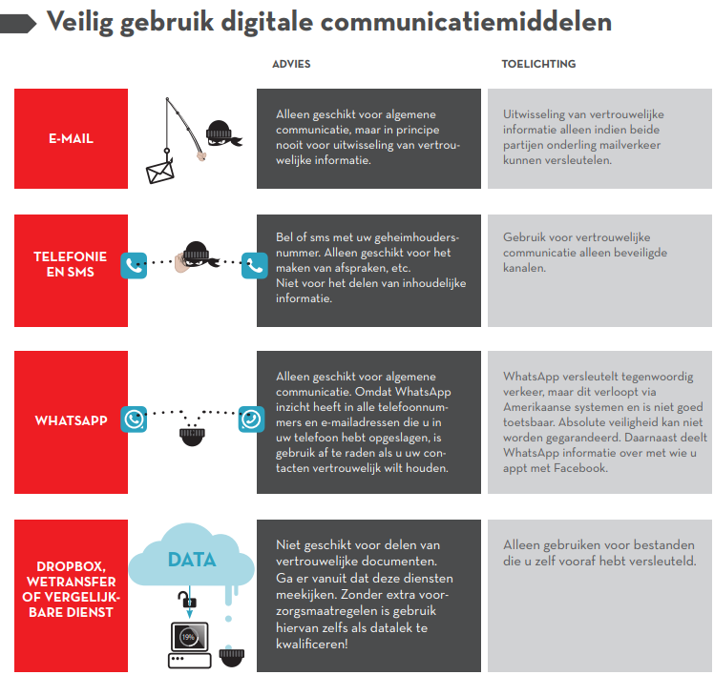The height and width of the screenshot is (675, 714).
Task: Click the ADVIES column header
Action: (x=291, y=64)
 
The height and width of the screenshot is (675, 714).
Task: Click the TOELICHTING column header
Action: (x=538, y=64)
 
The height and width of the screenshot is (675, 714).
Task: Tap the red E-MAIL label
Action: (x=71, y=138)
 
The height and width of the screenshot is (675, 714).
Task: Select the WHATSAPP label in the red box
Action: (x=71, y=420)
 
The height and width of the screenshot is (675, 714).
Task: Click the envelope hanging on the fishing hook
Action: (x=159, y=172)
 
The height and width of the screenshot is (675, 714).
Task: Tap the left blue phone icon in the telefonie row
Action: (x=134, y=265)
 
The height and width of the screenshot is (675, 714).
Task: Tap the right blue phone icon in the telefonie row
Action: (x=255, y=265)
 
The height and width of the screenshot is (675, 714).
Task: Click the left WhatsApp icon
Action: (x=134, y=419)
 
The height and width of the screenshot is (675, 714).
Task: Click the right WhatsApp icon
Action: (x=251, y=419)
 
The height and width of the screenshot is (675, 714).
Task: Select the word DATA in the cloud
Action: (x=192, y=560)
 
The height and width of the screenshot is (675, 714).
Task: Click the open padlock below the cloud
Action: (x=187, y=599)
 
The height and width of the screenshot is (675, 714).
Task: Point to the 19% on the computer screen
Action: (x=188, y=637)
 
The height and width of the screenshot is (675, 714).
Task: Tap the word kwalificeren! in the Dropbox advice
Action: (x=312, y=644)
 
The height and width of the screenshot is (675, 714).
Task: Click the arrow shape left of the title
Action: (x=18, y=24)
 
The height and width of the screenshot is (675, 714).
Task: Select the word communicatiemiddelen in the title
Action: (x=466, y=21)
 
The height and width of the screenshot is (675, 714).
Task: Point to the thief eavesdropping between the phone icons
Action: (x=196, y=257)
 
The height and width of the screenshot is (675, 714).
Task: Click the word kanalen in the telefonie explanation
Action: (x=524, y=268)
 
